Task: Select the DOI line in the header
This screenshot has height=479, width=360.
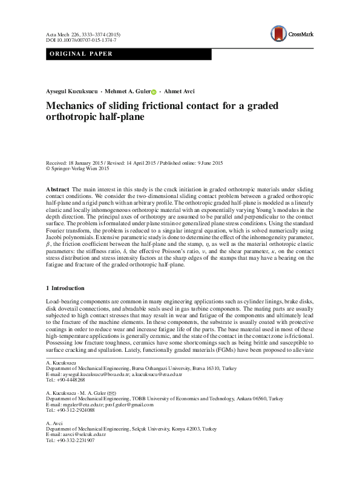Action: click(x=82, y=39)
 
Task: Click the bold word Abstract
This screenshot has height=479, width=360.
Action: click(x=57, y=190)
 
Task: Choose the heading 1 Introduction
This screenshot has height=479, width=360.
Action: click(x=65, y=288)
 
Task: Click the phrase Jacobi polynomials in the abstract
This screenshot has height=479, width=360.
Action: click(x=71, y=240)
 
